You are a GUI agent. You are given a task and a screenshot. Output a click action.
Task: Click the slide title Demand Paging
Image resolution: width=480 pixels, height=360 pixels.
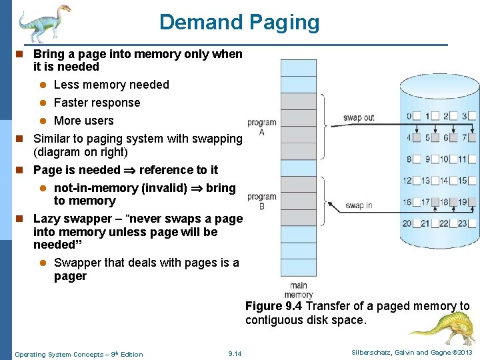click(x=239, y=22)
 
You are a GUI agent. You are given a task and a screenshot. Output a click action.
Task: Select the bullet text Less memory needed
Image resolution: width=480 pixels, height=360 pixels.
click(x=111, y=85)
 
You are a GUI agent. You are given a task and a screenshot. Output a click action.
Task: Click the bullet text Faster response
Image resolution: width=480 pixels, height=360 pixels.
click(x=97, y=103)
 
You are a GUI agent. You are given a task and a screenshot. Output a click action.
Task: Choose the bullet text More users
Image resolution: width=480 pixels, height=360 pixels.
click(x=83, y=121)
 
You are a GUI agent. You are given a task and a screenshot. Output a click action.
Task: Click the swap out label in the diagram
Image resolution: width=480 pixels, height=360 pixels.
click(x=359, y=118)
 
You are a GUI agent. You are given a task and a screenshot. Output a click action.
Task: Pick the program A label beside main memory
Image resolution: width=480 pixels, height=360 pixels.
click(x=261, y=127)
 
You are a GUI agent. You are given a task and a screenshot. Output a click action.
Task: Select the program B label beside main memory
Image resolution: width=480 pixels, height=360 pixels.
click(x=261, y=201)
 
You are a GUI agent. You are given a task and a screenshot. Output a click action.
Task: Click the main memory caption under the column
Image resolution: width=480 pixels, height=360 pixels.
click(x=298, y=290)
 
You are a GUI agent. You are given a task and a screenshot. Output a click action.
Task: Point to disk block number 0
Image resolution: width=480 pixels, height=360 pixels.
click(x=409, y=117)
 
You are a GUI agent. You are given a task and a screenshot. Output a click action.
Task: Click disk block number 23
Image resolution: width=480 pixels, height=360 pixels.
click(x=463, y=224)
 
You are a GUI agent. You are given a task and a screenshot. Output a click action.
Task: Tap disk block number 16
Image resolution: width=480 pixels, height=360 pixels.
click(x=407, y=202)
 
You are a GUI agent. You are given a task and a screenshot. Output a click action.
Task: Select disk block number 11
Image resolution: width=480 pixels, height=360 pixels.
click(x=462, y=159)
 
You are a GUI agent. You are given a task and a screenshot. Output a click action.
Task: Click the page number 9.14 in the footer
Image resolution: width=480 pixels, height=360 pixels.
click(x=235, y=354)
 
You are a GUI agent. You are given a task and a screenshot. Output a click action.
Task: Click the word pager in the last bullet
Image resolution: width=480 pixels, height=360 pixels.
click(x=70, y=276)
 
